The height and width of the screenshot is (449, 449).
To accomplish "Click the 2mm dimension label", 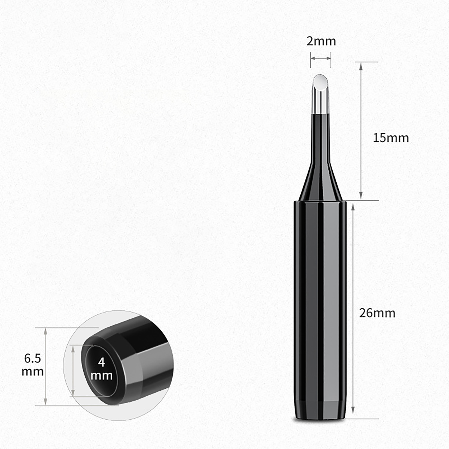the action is tap(321, 41).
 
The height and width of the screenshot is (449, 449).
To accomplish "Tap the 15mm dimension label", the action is tap(391, 138).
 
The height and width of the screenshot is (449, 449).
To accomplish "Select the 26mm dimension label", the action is tap(377, 313).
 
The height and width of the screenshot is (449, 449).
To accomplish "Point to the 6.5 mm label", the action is tap(33, 365).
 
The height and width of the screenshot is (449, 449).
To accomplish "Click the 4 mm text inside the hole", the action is tap(102, 368).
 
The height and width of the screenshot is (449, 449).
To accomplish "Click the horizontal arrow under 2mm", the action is tap(321, 58).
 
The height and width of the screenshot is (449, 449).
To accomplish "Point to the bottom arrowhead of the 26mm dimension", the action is tap(353, 409).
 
